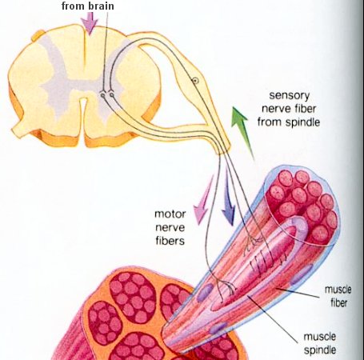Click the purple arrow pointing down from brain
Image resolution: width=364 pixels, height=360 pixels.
[x=89, y=23]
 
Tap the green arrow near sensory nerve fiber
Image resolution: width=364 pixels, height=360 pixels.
[x=242, y=131]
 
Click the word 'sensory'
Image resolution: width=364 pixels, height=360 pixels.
[x=290, y=95]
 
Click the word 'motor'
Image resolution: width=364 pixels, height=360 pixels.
[x=170, y=214]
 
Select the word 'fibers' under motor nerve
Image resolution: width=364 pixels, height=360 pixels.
[x=170, y=241]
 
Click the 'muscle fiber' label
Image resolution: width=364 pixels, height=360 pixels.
[x=338, y=296]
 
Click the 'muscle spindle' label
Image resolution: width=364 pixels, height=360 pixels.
[x=320, y=343]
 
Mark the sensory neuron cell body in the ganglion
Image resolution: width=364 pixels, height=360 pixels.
[x=195, y=80]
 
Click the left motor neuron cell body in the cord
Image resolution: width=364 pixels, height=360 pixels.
[x=102, y=95]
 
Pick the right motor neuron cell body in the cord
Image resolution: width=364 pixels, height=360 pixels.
[x=111, y=94]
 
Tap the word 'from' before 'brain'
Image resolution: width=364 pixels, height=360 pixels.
[x=73, y=6]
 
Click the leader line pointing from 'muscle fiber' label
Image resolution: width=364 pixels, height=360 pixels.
[x=297, y=293]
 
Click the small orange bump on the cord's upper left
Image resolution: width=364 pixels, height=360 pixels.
[x=38, y=35]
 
